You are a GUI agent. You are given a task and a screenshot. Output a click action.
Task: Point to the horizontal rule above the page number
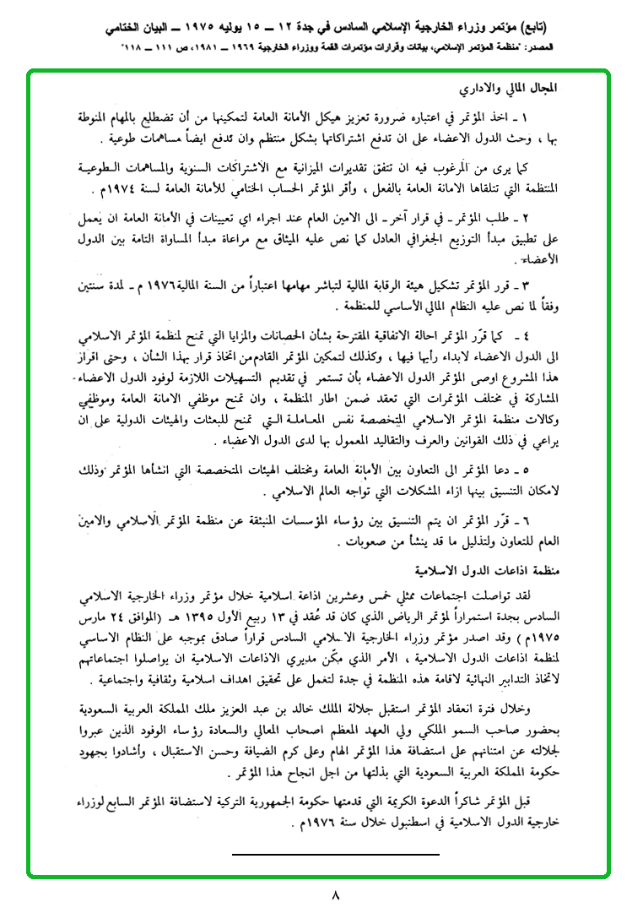pos(335,855)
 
